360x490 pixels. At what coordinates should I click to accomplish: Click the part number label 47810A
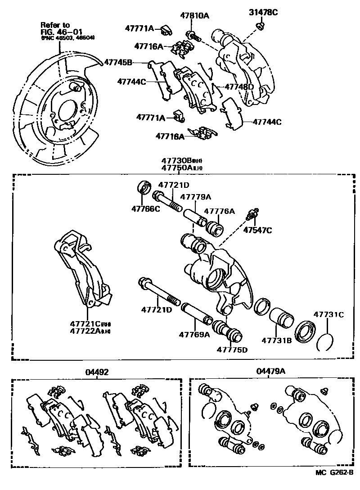tap(195, 15)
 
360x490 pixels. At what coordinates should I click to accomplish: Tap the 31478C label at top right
tap(263, 12)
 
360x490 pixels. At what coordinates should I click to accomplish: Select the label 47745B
tap(118, 63)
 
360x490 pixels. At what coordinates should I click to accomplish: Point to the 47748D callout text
tap(239, 86)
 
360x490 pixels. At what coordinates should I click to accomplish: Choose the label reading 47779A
tap(196, 197)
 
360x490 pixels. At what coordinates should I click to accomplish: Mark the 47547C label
tap(258, 230)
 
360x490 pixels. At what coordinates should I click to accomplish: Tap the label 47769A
tap(194, 334)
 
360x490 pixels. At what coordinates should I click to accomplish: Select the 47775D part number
tap(232, 349)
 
